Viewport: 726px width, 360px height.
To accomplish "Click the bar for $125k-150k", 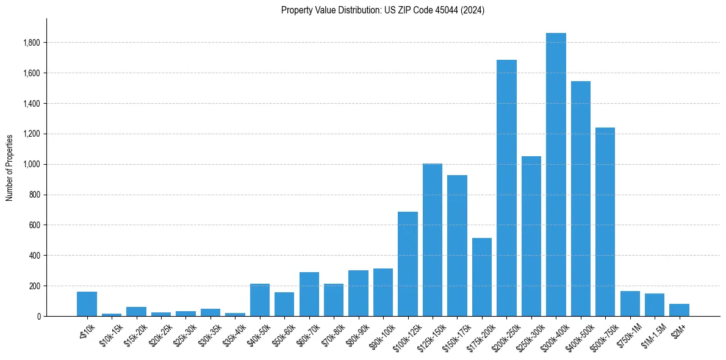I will click(x=433, y=240).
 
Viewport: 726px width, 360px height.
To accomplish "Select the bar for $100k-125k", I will click(x=408, y=264).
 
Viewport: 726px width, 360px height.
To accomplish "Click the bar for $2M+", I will click(x=679, y=310).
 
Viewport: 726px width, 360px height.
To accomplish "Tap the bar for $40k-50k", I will click(x=260, y=300).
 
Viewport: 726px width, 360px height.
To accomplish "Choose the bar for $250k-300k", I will click(x=531, y=236).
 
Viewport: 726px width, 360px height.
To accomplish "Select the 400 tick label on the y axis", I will click(x=35, y=256).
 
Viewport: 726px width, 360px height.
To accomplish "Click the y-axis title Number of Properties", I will click(x=10, y=168).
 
